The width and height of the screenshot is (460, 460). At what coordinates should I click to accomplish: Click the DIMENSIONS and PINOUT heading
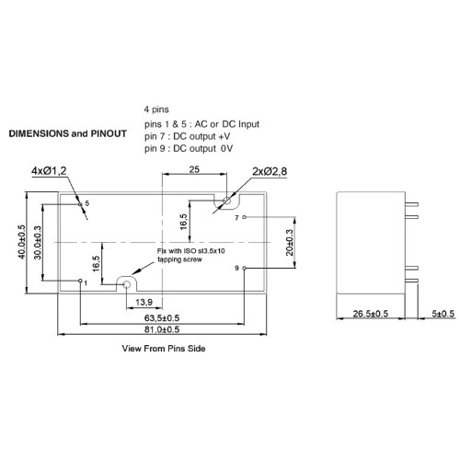(68, 133)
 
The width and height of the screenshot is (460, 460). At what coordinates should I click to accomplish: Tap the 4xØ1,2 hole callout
(49, 171)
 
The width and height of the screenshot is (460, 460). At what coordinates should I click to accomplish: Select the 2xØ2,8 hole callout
(270, 171)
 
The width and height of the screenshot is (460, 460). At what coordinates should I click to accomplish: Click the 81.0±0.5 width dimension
(162, 329)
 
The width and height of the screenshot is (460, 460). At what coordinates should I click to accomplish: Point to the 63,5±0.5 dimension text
(162, 318)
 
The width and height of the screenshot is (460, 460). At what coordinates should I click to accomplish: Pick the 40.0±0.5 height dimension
(22, 242)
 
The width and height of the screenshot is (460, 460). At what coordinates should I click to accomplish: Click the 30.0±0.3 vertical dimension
(38, 242)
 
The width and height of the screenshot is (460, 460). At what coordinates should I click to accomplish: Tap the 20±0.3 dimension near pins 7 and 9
(290, 243)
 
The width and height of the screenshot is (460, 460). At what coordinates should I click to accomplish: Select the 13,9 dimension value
(144, 303)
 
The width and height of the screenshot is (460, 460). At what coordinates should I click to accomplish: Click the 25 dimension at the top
(194, 169)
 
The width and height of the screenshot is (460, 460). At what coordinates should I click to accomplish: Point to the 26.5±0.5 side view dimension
(371, 314)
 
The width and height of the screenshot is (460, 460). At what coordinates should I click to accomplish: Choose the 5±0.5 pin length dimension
(443, 314)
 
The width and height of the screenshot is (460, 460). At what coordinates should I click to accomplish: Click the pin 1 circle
(80, 281)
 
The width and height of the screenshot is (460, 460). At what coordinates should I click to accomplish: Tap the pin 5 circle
(80, 204)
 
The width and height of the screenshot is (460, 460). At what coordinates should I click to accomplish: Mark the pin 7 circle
(244, 217)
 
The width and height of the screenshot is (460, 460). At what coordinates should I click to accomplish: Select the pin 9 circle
(244, 268)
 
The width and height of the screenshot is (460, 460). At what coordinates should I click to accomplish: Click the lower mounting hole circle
(126, 285)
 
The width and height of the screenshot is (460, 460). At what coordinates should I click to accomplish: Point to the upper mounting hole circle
(226, 201)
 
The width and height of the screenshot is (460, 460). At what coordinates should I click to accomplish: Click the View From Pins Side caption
(164, 349)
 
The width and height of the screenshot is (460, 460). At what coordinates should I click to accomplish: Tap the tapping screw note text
(190, 255)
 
